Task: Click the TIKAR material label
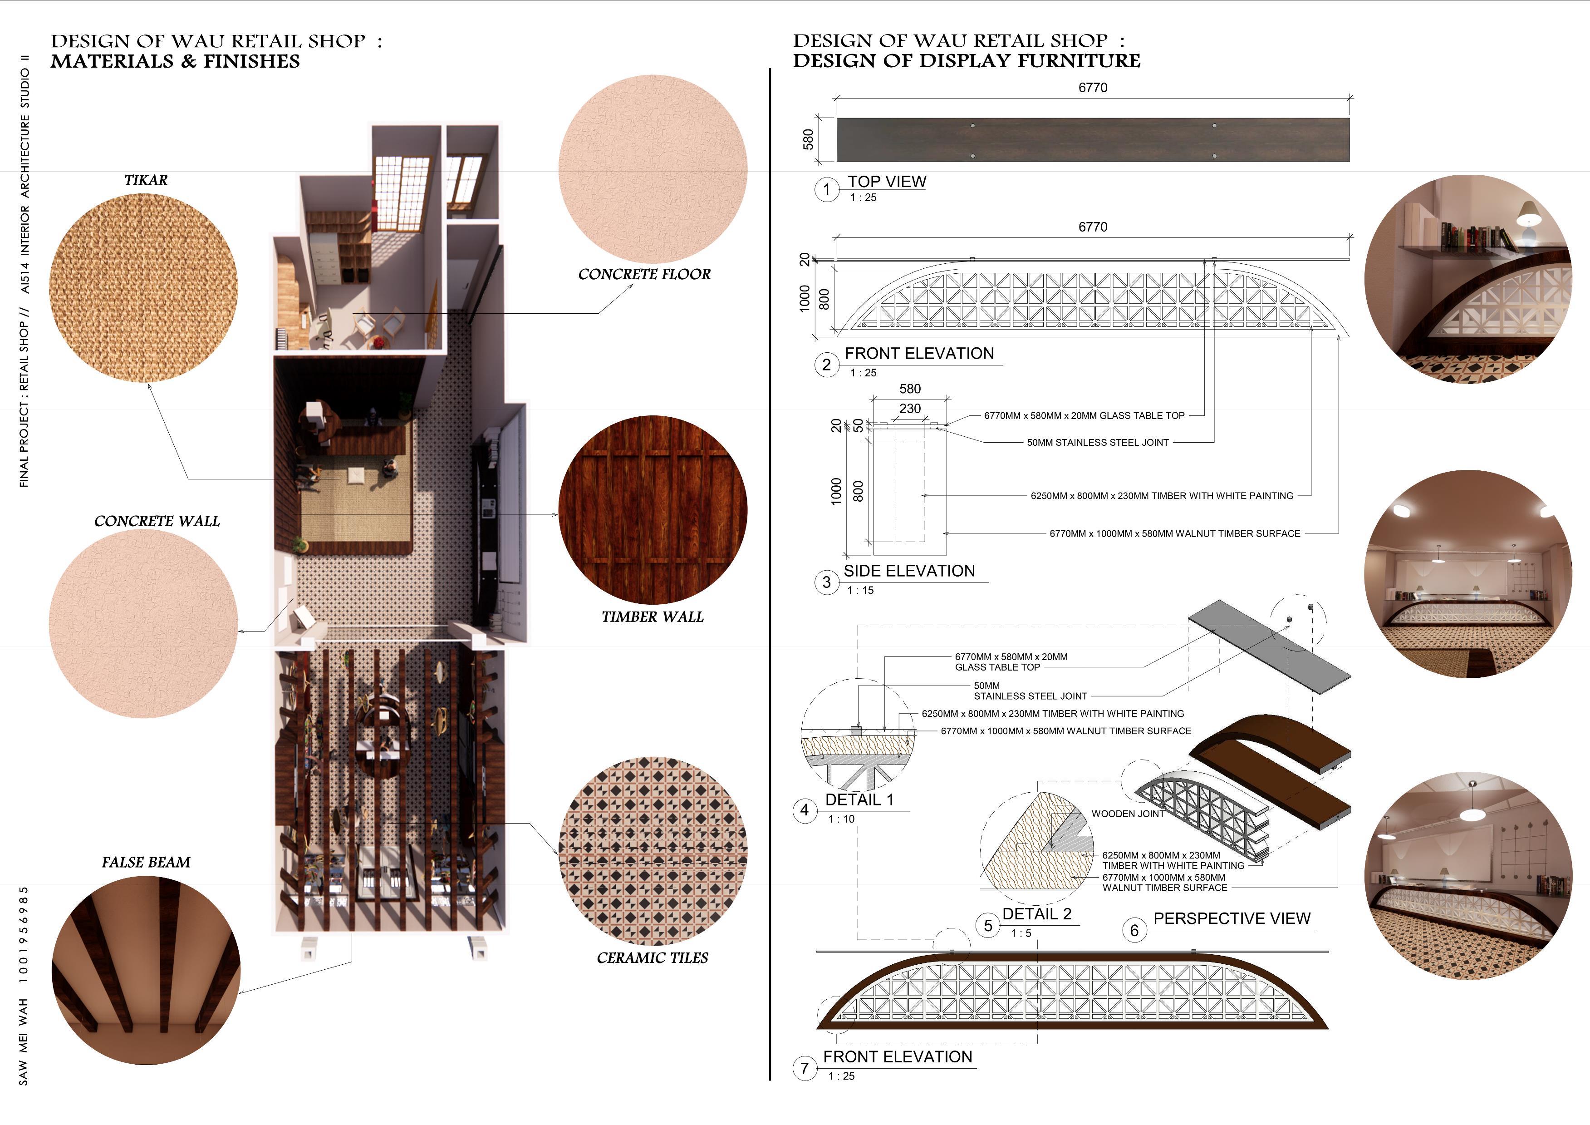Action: pyautogui.click(x=145, y=180)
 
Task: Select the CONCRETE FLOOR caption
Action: pyautogui.click(x=644, y=274)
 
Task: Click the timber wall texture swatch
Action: pyautogui.click(x=653, y=510)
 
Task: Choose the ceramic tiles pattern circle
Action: pyautogui.click(x=653, y=851)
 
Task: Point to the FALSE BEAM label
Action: pyautogui.click(x=145, y=863)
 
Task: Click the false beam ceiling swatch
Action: pyautogui.click(x=145, y=970)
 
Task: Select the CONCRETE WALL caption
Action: pyautogui.click(x=157, y=521)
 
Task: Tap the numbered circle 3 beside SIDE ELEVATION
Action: pyautogui.click(x=826, y=582)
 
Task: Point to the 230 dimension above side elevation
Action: pyautogui.click(x=910, y=409)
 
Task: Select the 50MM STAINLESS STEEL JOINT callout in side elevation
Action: pyautogui.click(x=1098, y=443)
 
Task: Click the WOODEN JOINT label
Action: pyautogui.click(x=1128, y=814)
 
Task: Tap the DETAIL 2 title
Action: pyautogui.click(x=1037, y=914)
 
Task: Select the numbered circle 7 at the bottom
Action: pyautogui.click(x=804, y=1068)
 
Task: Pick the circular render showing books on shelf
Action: pyautogui.click(x=1468, y=279)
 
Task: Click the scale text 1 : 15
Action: pyautogui.click(x=861, y=590)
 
